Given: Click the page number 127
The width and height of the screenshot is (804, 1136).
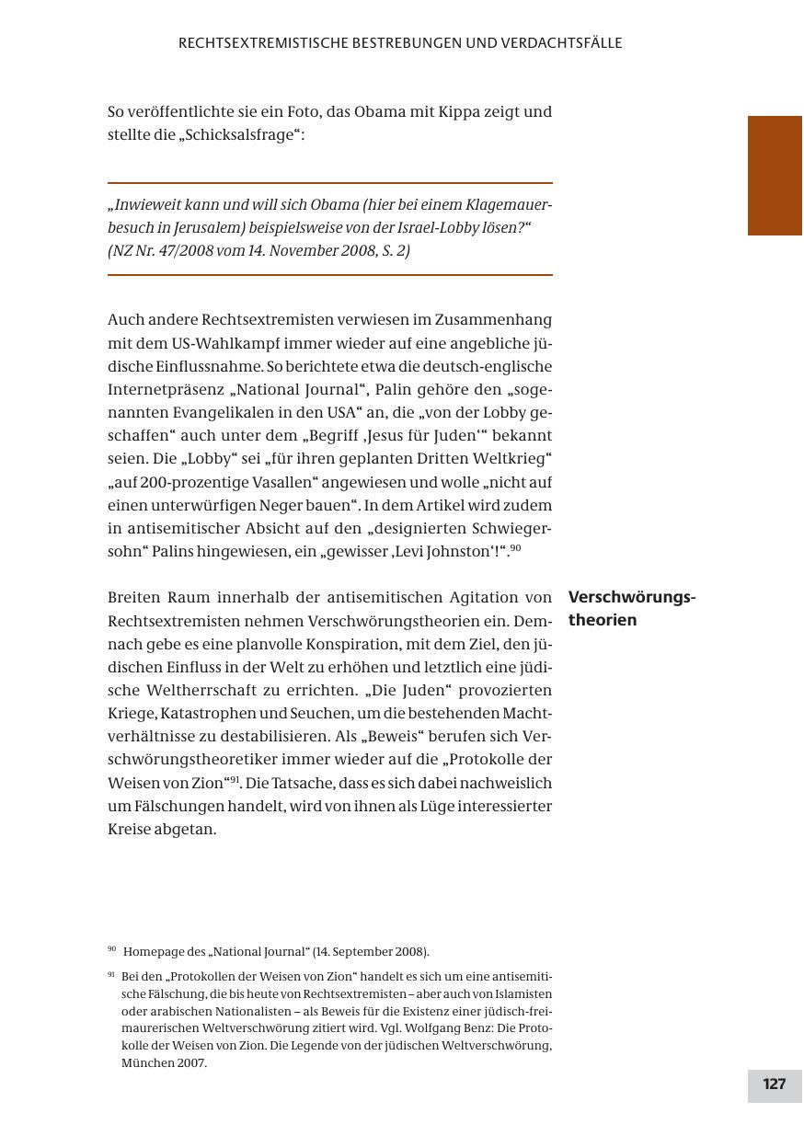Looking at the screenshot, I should pyautogui.click(x=775, y=1084).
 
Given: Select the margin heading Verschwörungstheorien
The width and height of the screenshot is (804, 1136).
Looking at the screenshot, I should pyautogui.click(x=632, y=608).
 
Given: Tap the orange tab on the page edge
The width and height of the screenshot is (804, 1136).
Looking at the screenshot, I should pyautogui.click(x=775, y=175).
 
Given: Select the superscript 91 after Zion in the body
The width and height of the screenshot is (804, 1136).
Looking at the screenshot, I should pyautogui.click(x=234, y=779).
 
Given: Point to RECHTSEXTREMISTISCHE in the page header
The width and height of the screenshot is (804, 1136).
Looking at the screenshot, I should pyautogui.click(x=263, y=43).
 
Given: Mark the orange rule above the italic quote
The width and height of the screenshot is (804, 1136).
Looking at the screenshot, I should pyautogui.click(x=329, y=183).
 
